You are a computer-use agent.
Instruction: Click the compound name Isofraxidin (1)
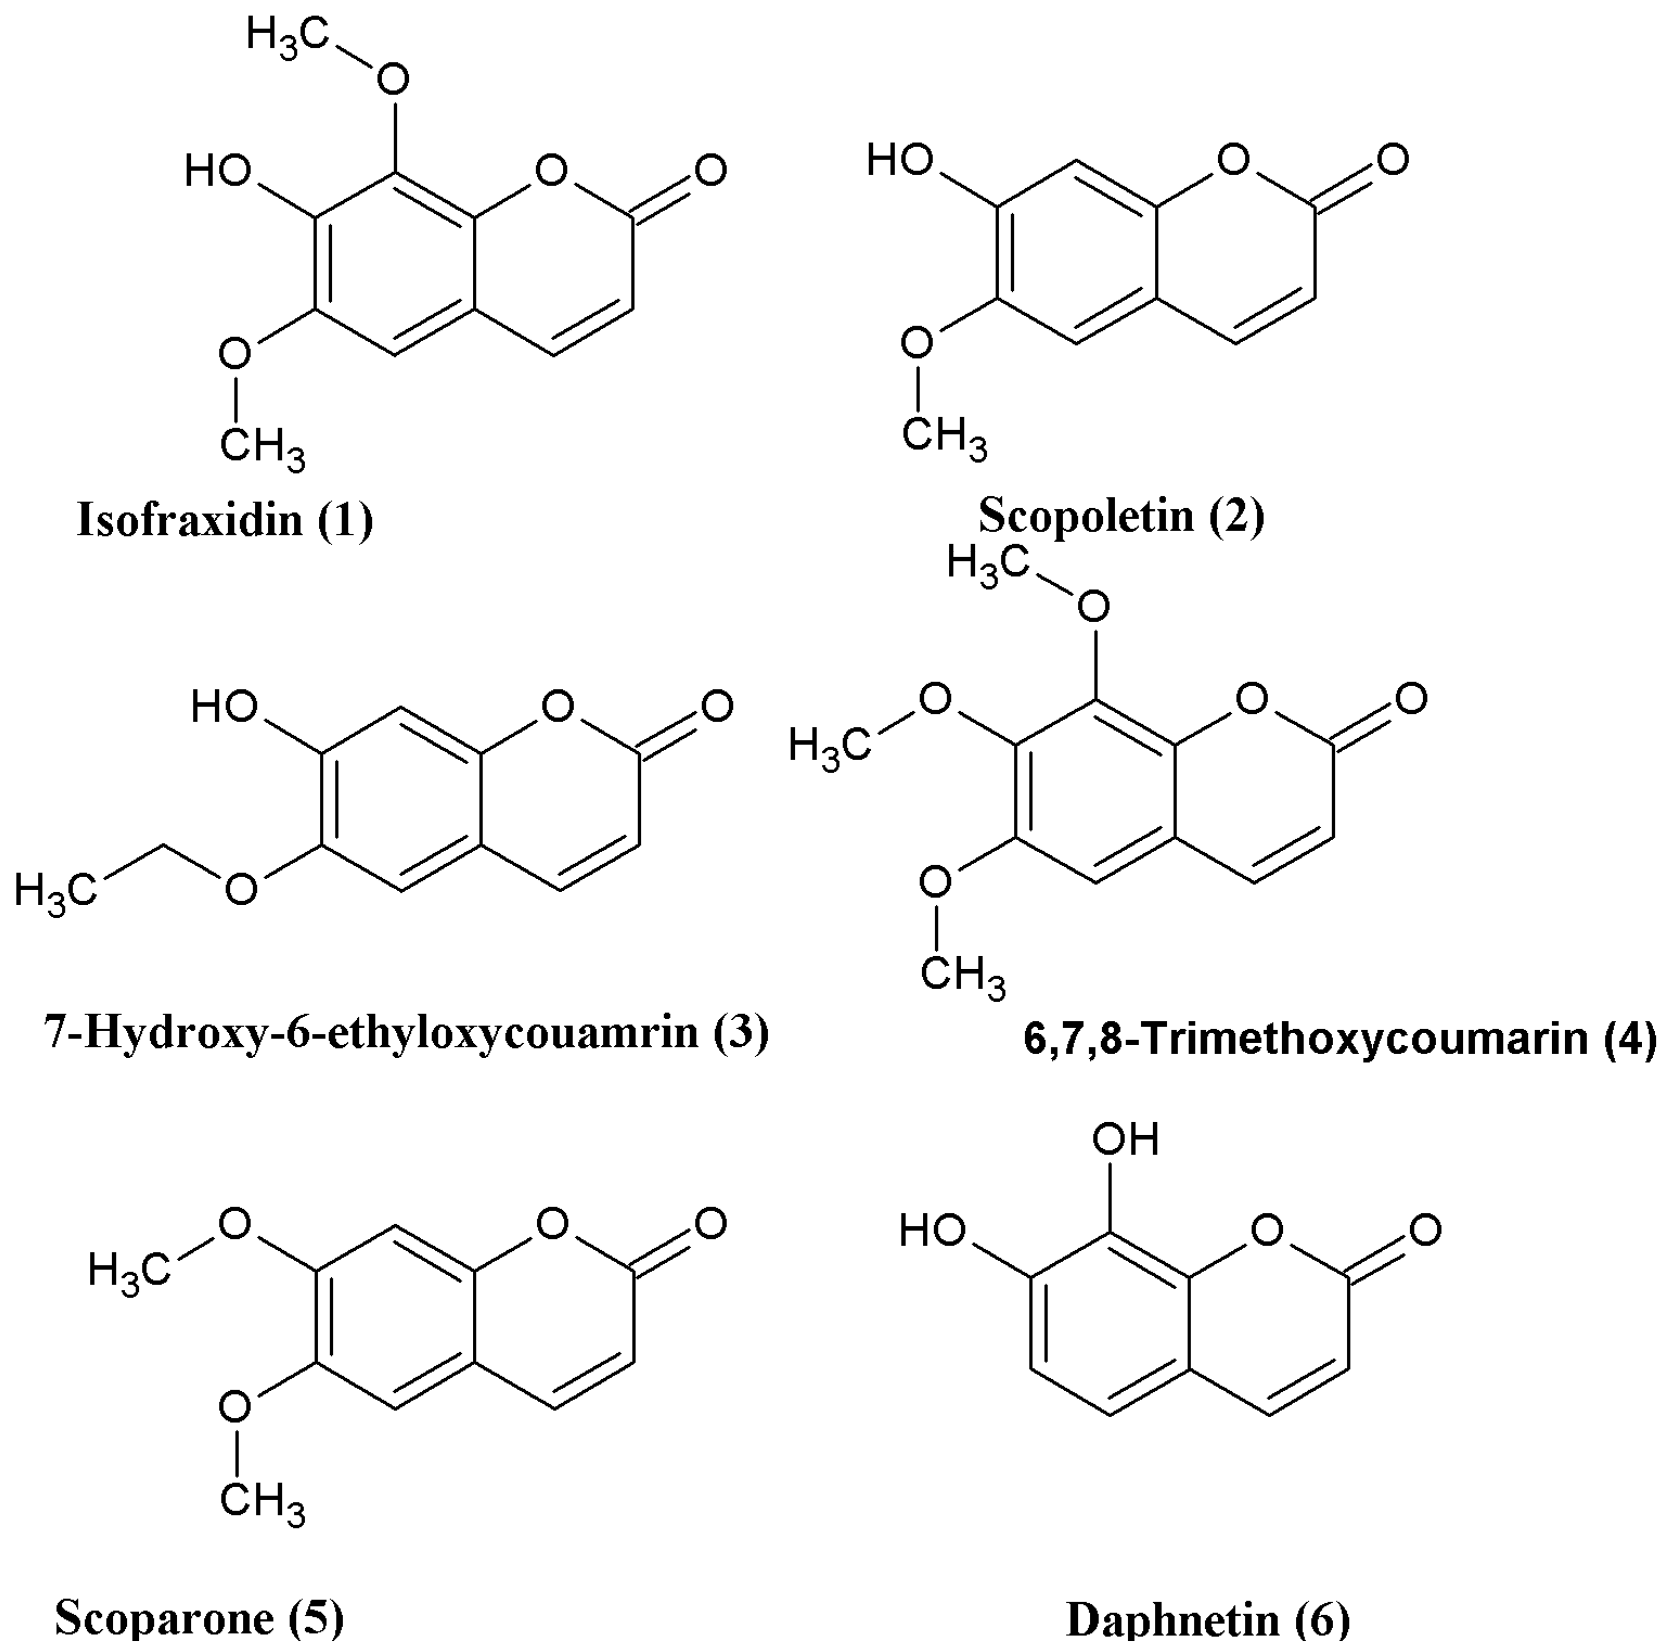(225, 521)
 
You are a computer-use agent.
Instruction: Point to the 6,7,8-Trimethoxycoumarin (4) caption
(1339, 1039)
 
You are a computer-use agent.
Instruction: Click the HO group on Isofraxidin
(217, 171)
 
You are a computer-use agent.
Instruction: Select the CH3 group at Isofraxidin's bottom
(262, 449)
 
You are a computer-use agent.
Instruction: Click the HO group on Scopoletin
(899, 159)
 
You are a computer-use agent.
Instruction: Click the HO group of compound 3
(224, 707)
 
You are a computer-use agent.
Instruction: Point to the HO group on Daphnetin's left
(931, 1230)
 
